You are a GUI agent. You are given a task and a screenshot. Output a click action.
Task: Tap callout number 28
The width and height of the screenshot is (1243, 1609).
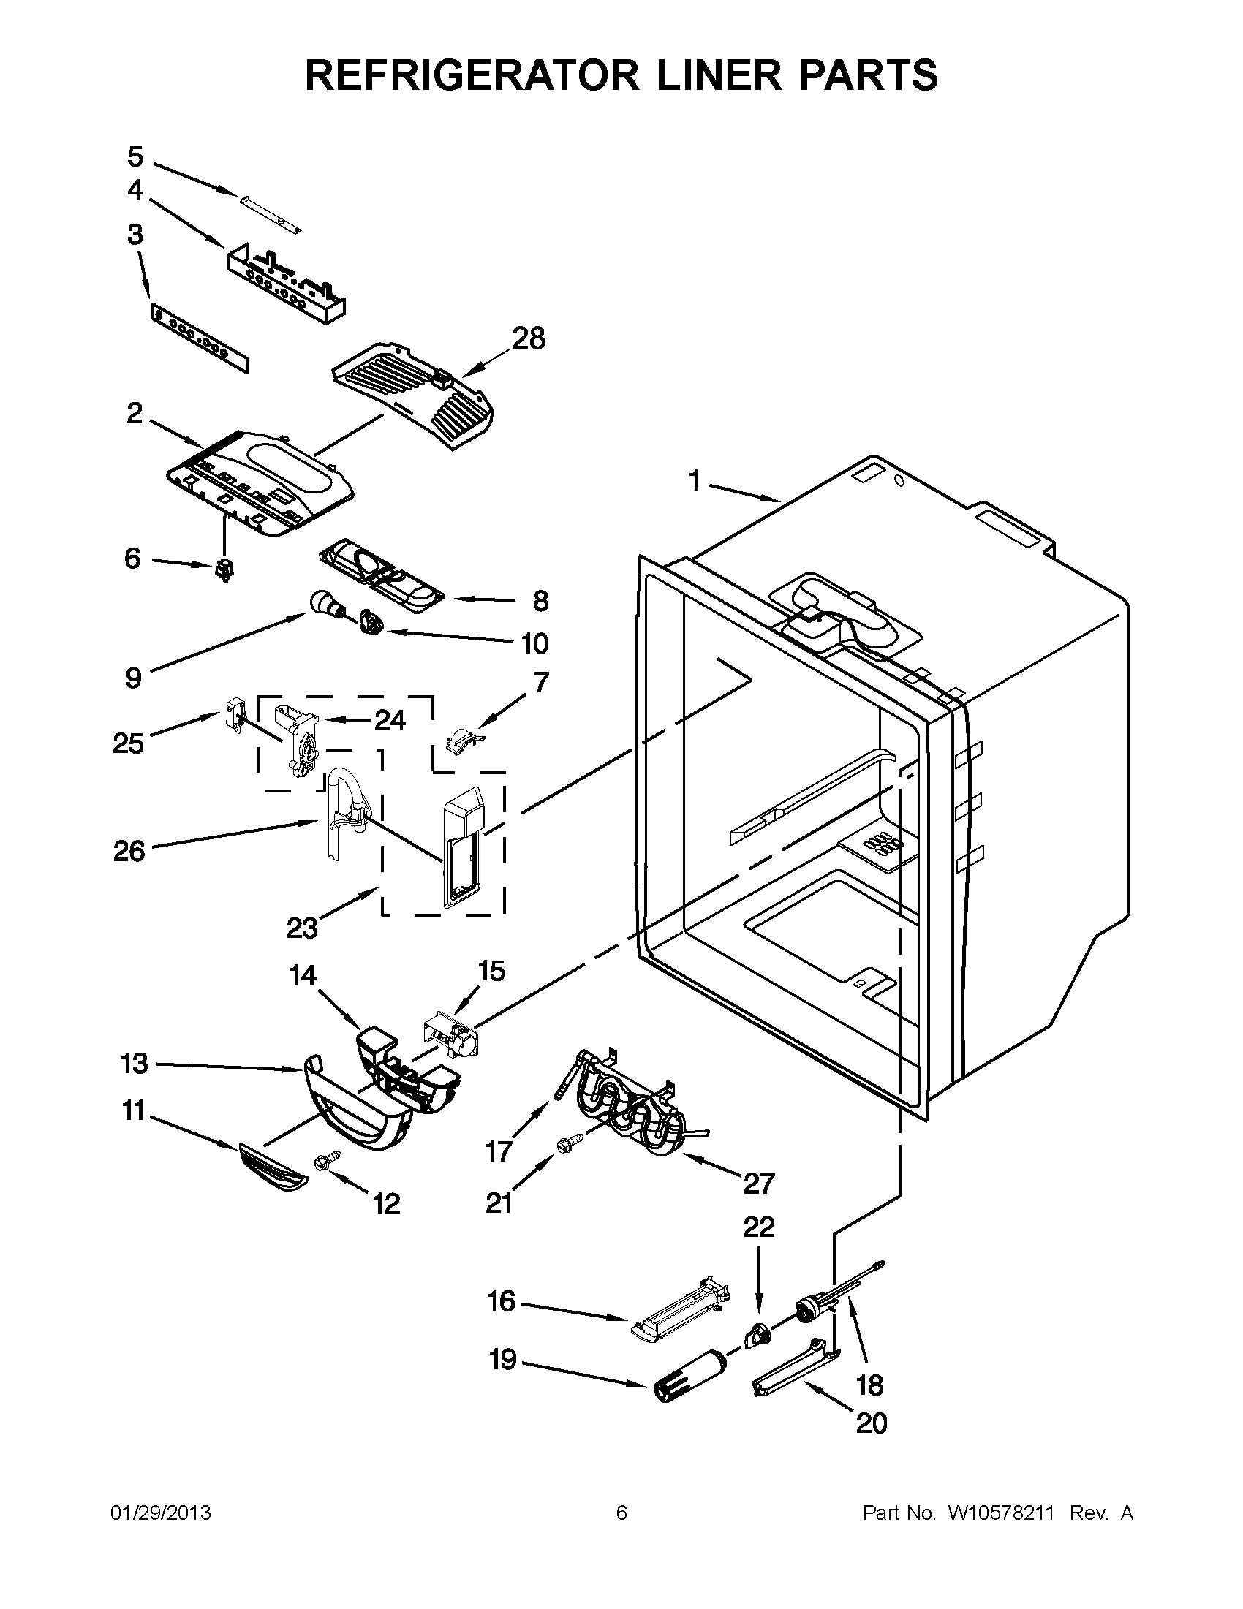[x=529, y=338]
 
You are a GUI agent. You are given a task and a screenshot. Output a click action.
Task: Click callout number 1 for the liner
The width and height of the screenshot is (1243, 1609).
[x=694, y=481]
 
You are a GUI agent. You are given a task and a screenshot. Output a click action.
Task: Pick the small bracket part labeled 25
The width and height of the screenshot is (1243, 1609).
[x=233, y=715]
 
